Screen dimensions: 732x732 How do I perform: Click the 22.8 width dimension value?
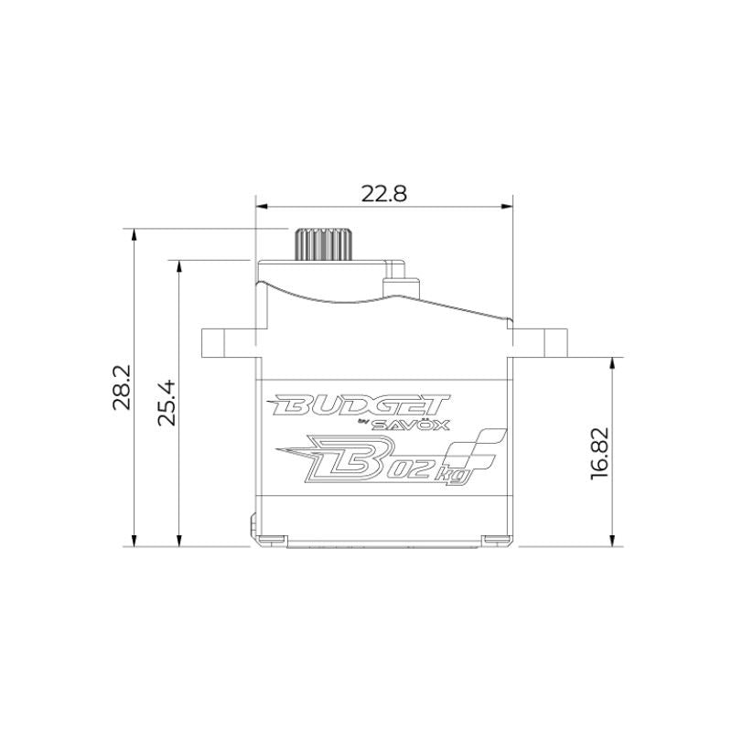tap(383, 193)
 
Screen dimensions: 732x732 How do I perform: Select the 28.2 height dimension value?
tap(123, 387)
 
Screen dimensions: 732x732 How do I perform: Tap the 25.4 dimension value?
tap(167, 403)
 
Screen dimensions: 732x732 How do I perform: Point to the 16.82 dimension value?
tap(600, 453)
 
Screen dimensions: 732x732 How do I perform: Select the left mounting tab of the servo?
tap(229, 343)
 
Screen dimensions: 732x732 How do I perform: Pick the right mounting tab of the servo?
tap(540, 343)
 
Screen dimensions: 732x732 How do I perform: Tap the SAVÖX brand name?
tap(411, 425)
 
